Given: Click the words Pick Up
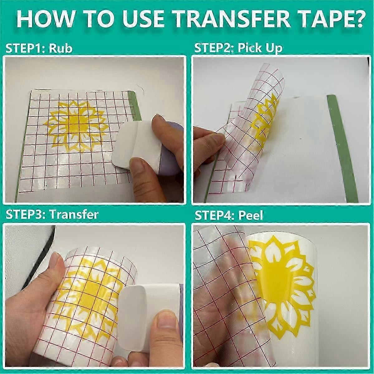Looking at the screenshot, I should [x=260, y=48].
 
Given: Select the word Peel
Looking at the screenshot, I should [x=251, y=215].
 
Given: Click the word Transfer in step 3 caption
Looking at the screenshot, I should [x=74, y=215].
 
